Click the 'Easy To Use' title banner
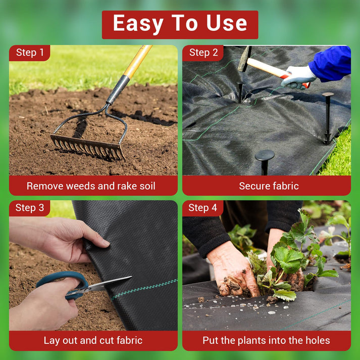(180, 25)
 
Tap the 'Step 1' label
(30, 53)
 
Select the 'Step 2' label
(203, 53)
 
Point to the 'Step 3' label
(30, 208)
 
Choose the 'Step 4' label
(203, 208)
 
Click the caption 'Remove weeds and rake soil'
(91, 186)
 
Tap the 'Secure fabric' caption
(269, 186)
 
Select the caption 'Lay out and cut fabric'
(93, 340)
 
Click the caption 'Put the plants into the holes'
(266, 340)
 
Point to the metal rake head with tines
(88, 147)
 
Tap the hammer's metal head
(245, 59)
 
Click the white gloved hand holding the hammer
(298, 77)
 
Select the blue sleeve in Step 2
(331, 63)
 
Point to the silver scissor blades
(104, 286)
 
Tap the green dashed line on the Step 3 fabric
(144, 289)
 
